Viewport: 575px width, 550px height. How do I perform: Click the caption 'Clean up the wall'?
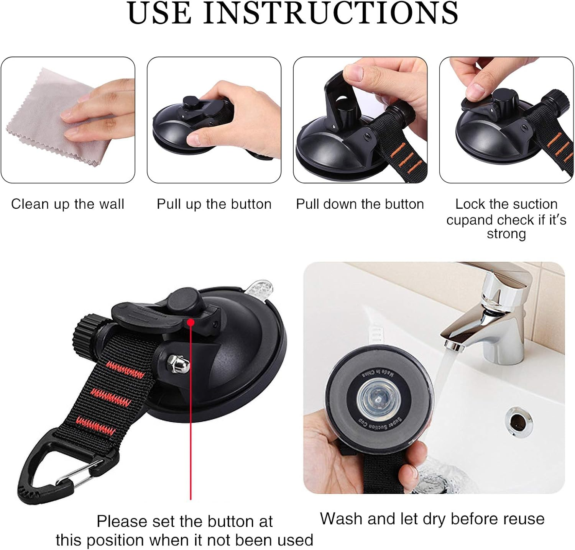coord(67,204)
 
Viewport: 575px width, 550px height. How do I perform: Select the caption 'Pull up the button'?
coord(214,204)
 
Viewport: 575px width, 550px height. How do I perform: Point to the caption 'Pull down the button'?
coord(360,204)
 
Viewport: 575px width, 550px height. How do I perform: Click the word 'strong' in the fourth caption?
coord(506,234)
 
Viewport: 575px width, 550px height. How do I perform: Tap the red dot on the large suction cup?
coord(191,322)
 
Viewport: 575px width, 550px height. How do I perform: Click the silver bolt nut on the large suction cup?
coord(178,364)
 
